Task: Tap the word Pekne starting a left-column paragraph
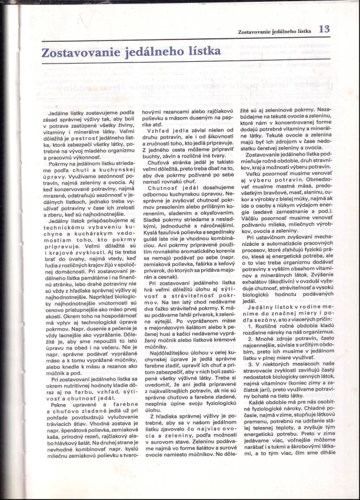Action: [59, 422]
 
